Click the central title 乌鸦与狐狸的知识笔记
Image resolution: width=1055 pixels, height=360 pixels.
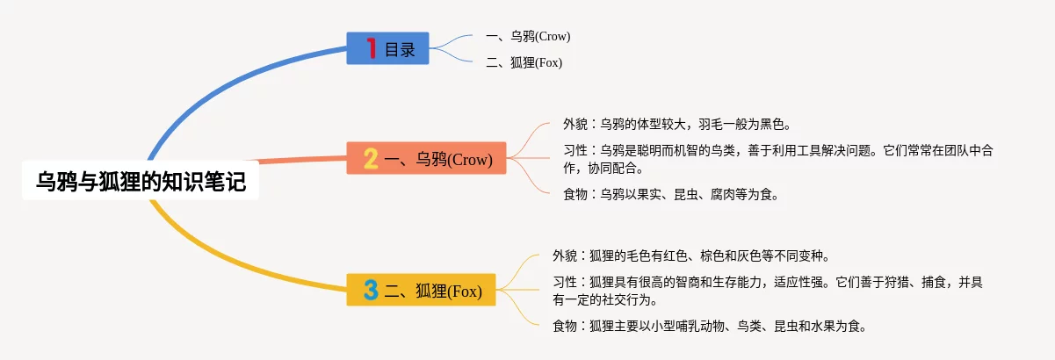[x=141, y=182]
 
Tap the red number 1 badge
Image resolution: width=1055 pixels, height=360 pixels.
[x=372, y=48]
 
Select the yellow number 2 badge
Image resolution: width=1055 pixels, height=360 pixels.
[x=371, y=159]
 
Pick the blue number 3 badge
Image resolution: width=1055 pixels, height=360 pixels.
[x=371, y=290]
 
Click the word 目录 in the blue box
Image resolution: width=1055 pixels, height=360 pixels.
[x=400, y=49]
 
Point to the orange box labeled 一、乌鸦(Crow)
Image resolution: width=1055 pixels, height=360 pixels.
[x=426, y=158]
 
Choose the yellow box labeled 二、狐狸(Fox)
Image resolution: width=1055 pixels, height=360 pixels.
[x=421, y=290]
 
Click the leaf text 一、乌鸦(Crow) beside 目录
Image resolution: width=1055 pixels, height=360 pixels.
[x=528, y=36]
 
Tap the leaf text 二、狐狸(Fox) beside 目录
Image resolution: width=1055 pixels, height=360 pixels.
[x=524, y=62]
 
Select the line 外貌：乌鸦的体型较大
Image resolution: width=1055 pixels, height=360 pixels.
[x=677, y=124]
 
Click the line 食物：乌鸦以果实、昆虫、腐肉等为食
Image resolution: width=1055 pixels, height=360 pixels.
[x=671, y=194]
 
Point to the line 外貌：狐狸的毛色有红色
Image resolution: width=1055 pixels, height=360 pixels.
[x=691, y=256]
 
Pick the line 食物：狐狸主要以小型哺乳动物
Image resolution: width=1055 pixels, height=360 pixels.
[x=710, y=326]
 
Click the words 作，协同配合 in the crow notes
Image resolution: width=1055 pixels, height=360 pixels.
[x=603, y=168]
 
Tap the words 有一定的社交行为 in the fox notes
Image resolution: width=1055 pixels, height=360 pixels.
[x=605, y=299]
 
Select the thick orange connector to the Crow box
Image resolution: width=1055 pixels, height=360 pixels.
[x=301, y=160]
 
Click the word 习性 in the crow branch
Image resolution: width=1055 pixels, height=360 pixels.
[x=575, y=151]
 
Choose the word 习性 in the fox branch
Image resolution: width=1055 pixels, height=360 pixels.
[x=565, y=283]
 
